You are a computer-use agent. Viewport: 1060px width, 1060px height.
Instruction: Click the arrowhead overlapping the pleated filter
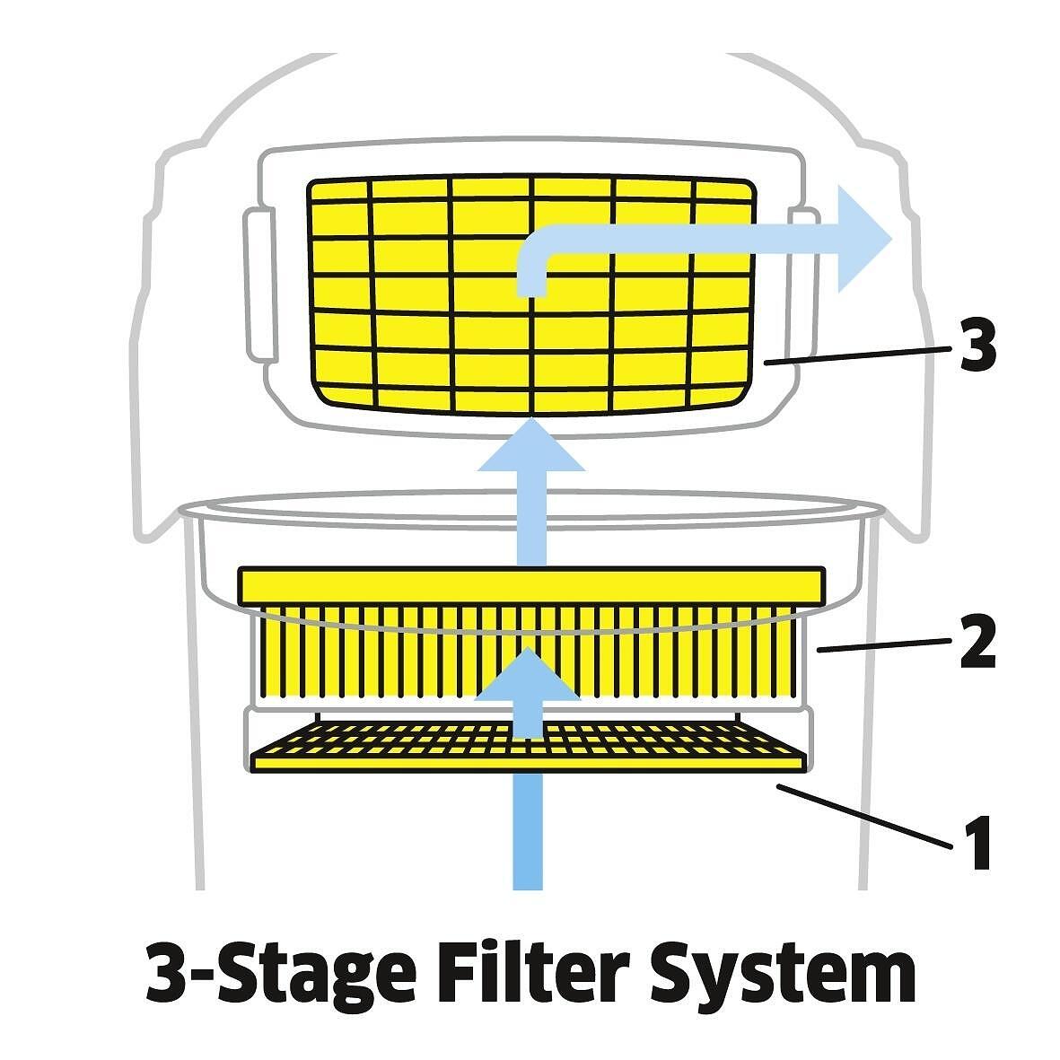point(530,674)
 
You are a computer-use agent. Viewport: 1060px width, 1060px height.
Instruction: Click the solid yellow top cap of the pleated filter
point(530,584)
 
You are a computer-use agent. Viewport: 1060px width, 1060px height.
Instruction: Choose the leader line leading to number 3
point(857,354)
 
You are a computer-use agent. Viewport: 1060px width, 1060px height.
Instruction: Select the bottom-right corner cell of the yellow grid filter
point(717,396)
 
